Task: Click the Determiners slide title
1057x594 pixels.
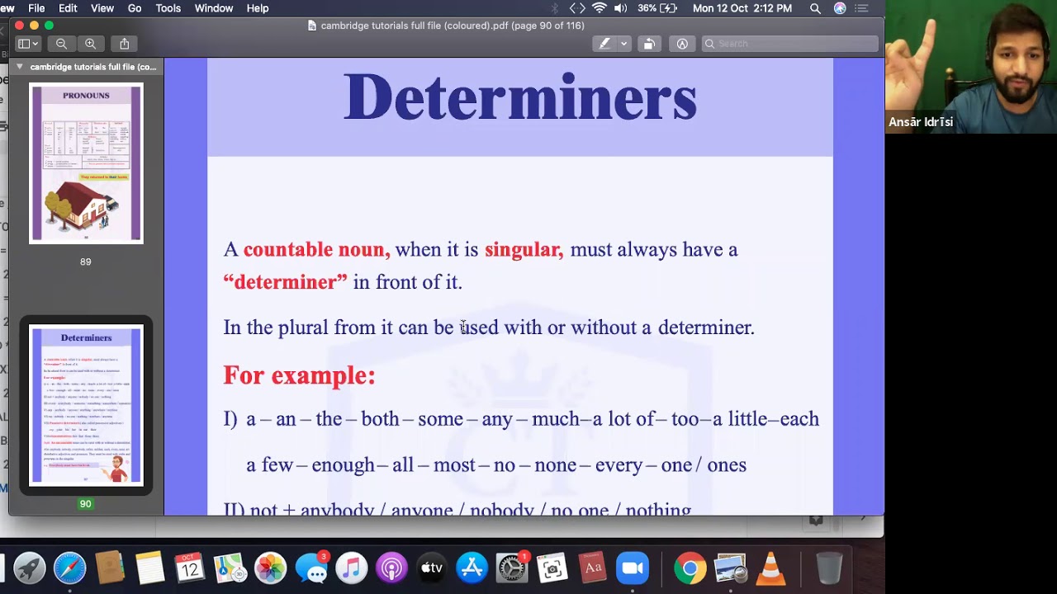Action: pos(519,98)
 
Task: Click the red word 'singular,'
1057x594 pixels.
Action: pos(524,249)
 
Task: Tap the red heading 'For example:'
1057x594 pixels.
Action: pos(299,375)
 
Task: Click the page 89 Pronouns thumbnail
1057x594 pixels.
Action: pos(86,163)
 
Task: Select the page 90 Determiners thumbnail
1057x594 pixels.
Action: pos(86,405)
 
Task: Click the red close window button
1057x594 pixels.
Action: pos(19,26)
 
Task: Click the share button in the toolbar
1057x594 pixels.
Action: pos(125,44)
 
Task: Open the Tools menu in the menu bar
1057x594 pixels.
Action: pos(168,8)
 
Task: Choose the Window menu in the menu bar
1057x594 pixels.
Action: pos(213,8)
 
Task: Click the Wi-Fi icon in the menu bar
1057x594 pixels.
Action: pos(600,8)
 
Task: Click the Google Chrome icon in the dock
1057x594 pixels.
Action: pos(690,568)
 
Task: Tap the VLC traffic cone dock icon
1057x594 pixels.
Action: pos(770,568)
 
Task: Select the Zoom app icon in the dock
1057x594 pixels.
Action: pos(632,568)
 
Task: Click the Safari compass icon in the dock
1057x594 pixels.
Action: pos(69,568)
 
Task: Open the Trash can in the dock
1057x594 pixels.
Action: pos(828,568)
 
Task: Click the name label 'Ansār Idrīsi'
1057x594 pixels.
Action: pos(921,122)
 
